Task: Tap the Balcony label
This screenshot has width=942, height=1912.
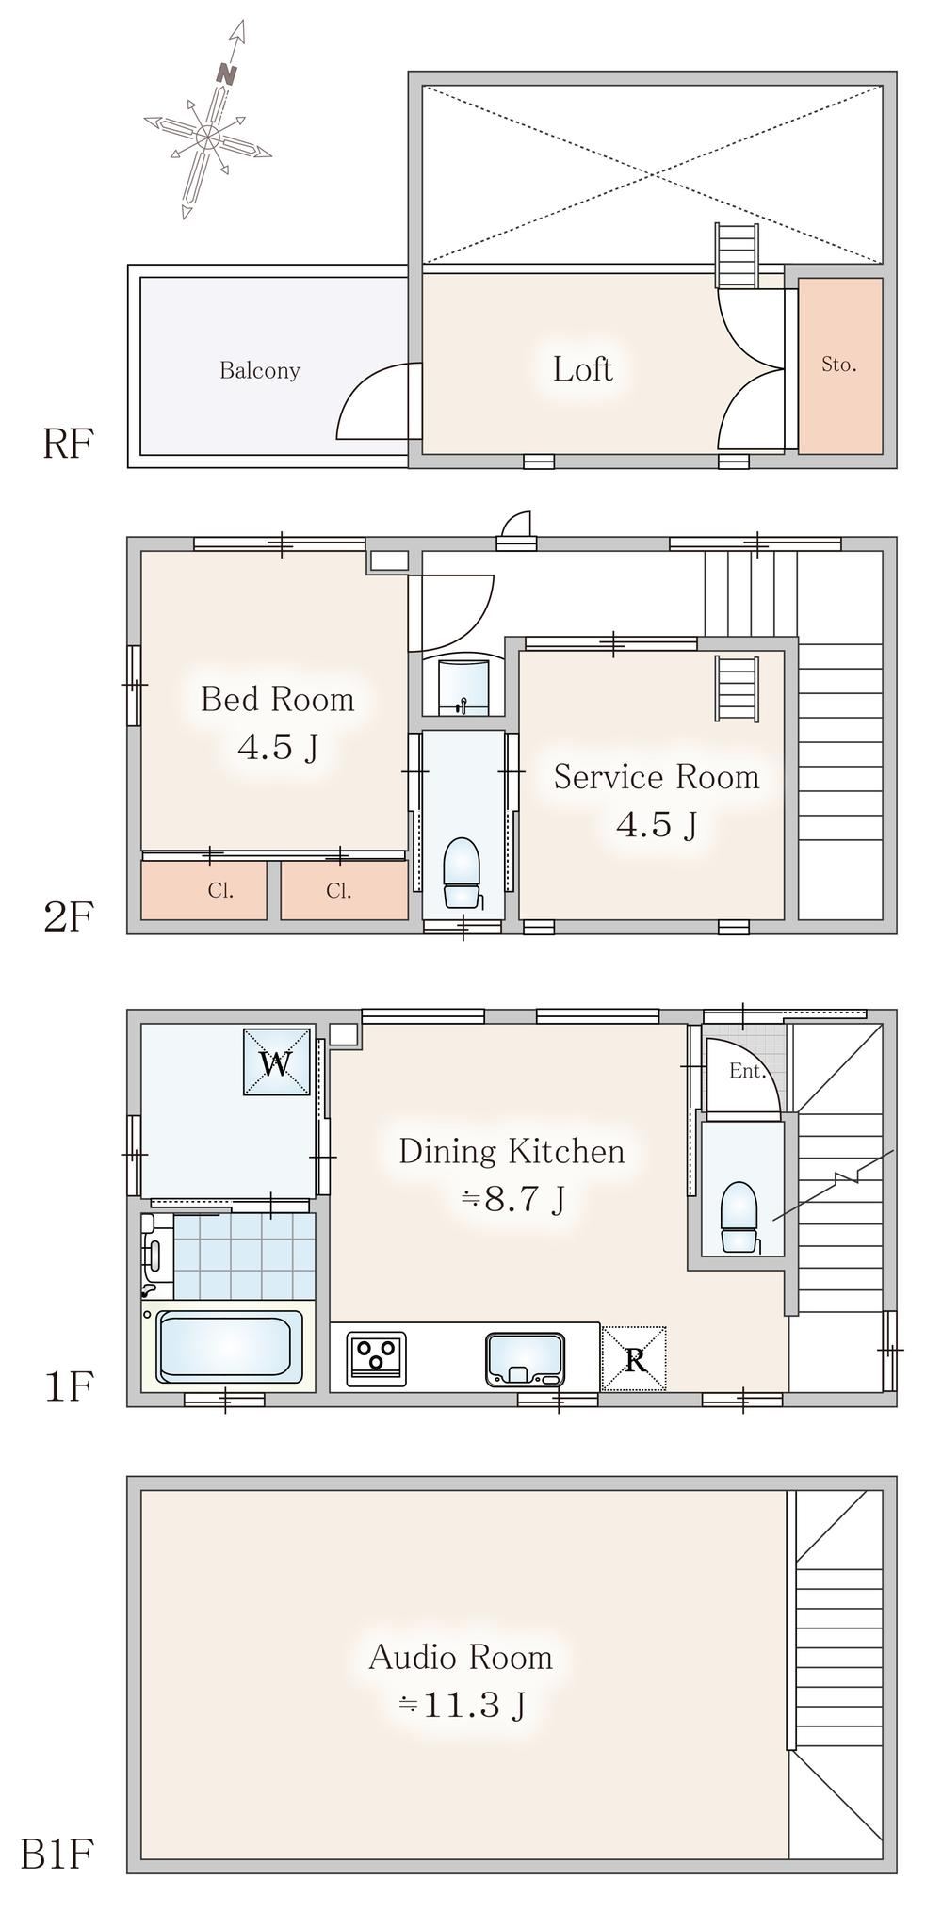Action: pyautogui.click(x=260, y=370)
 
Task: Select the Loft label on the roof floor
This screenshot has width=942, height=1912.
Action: pyautogui.click(x=583, y=368)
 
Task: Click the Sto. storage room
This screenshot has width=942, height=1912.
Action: pyautogui.click(x=840, y=365)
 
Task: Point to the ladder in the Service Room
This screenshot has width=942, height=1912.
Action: pyautogui.click(x=737, y=688)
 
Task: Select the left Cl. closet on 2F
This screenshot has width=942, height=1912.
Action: pyautogui.click(x=204, y=890)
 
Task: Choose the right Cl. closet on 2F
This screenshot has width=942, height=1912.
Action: pyautogui.click(x=345, y=890)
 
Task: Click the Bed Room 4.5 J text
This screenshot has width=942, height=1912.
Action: pyautogui.click(x=278, y=722)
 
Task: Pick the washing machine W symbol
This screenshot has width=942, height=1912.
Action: pyautogui.click(x=277, y=1062)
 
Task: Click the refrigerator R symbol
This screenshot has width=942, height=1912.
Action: pyautogui.click(x=634, y=1358)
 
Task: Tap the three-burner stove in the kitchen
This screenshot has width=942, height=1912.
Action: pyautogui.click(x=377, y=1358)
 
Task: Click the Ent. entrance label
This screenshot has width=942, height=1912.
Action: pyautogui.click(x=747, y=1071)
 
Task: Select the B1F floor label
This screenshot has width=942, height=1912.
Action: pyautogui.click(x=57, y=1855)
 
